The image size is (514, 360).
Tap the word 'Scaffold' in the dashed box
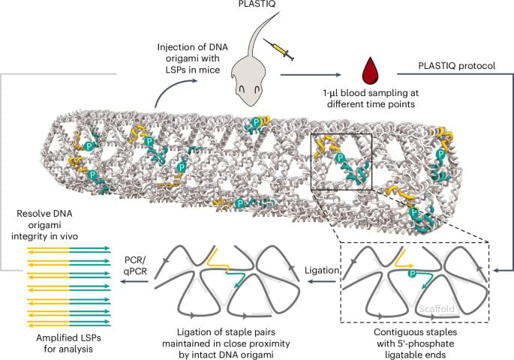point(436,305)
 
